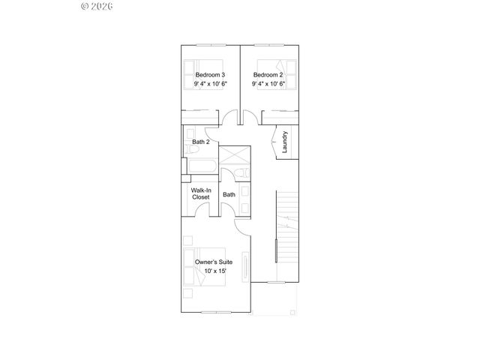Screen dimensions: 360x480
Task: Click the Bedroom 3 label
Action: click(211, 75)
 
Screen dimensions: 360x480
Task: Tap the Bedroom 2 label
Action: click(268, 75)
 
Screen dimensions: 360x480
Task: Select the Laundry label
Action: click(285, 143)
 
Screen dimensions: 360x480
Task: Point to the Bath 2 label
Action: click(200, 141)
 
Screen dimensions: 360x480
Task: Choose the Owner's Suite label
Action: click(214, 262)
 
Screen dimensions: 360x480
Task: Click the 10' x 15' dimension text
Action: click(214, 271)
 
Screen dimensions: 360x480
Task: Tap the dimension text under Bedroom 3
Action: click(211, 85)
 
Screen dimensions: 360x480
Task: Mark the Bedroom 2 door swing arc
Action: click(250, 118)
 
